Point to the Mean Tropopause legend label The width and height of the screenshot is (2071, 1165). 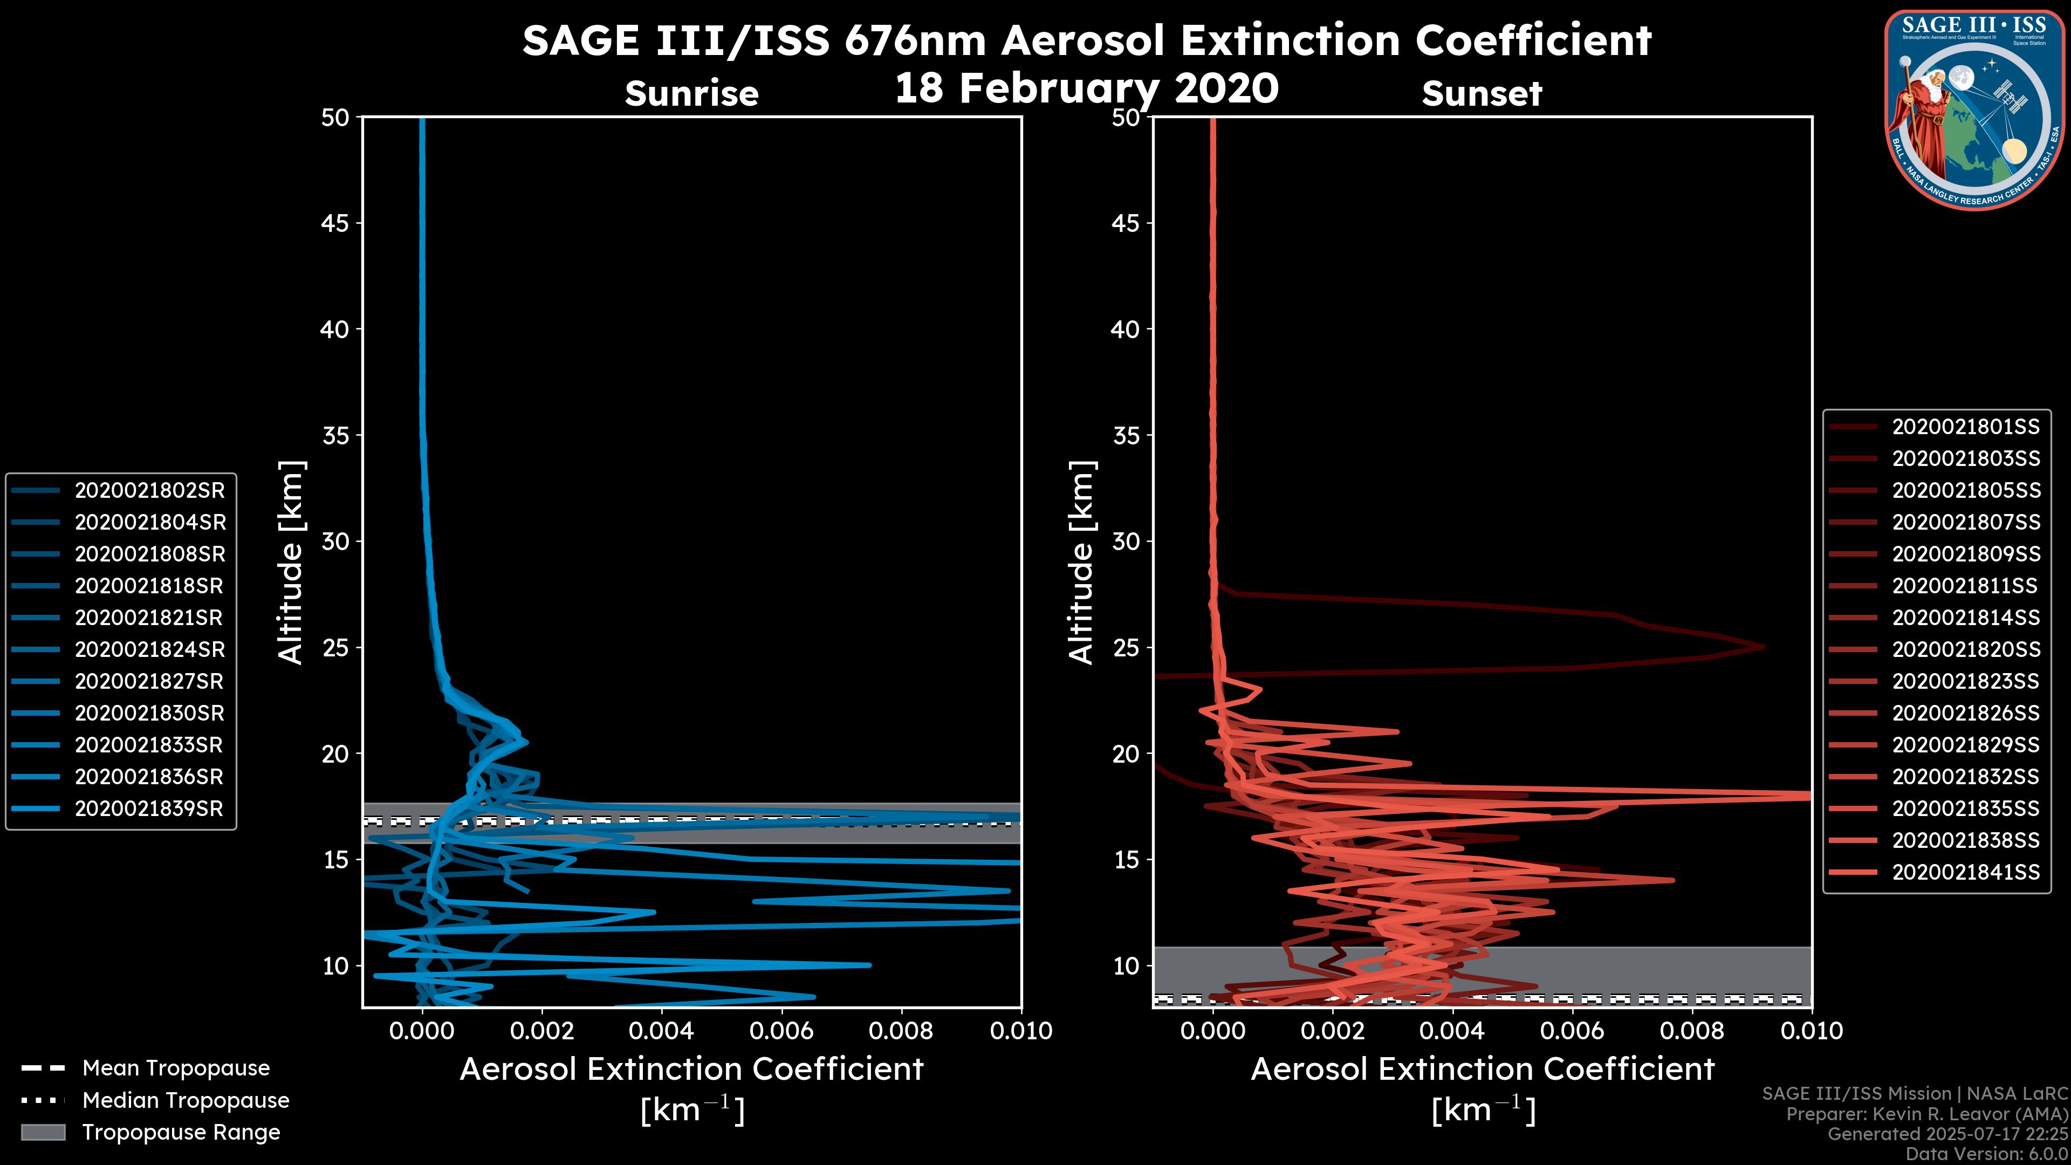(x=176, y=1068)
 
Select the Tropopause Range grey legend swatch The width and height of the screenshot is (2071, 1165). (x=43, y=1132)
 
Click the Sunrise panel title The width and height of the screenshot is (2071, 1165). (x=691, y=94)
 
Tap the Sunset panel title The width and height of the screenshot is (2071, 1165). (x=1482, y=94)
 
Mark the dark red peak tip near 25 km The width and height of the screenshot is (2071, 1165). (x=1763, y=647)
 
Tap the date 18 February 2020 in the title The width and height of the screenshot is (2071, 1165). (x=1086, y=88)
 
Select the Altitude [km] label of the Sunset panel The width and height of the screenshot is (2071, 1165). (x=1081, y=563)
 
